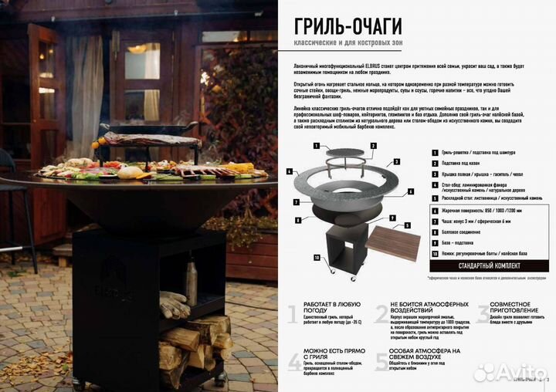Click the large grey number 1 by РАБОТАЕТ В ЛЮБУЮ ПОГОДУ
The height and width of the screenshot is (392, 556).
[291, 314]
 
